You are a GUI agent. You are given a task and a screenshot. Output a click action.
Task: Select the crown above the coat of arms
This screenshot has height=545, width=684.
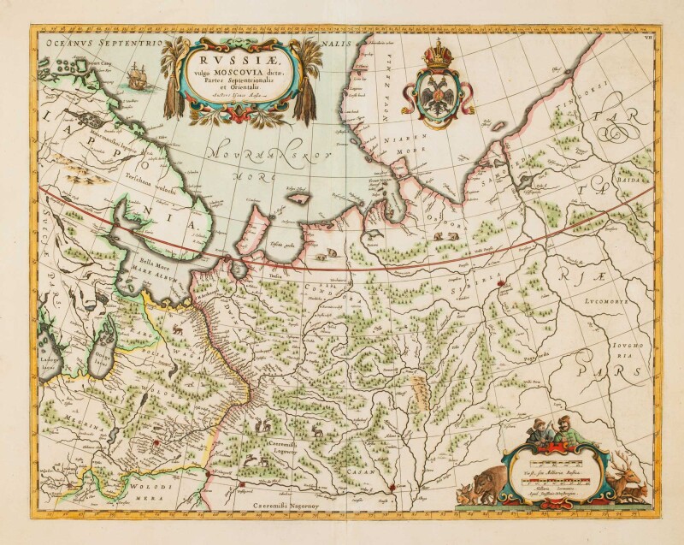[441, 51]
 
